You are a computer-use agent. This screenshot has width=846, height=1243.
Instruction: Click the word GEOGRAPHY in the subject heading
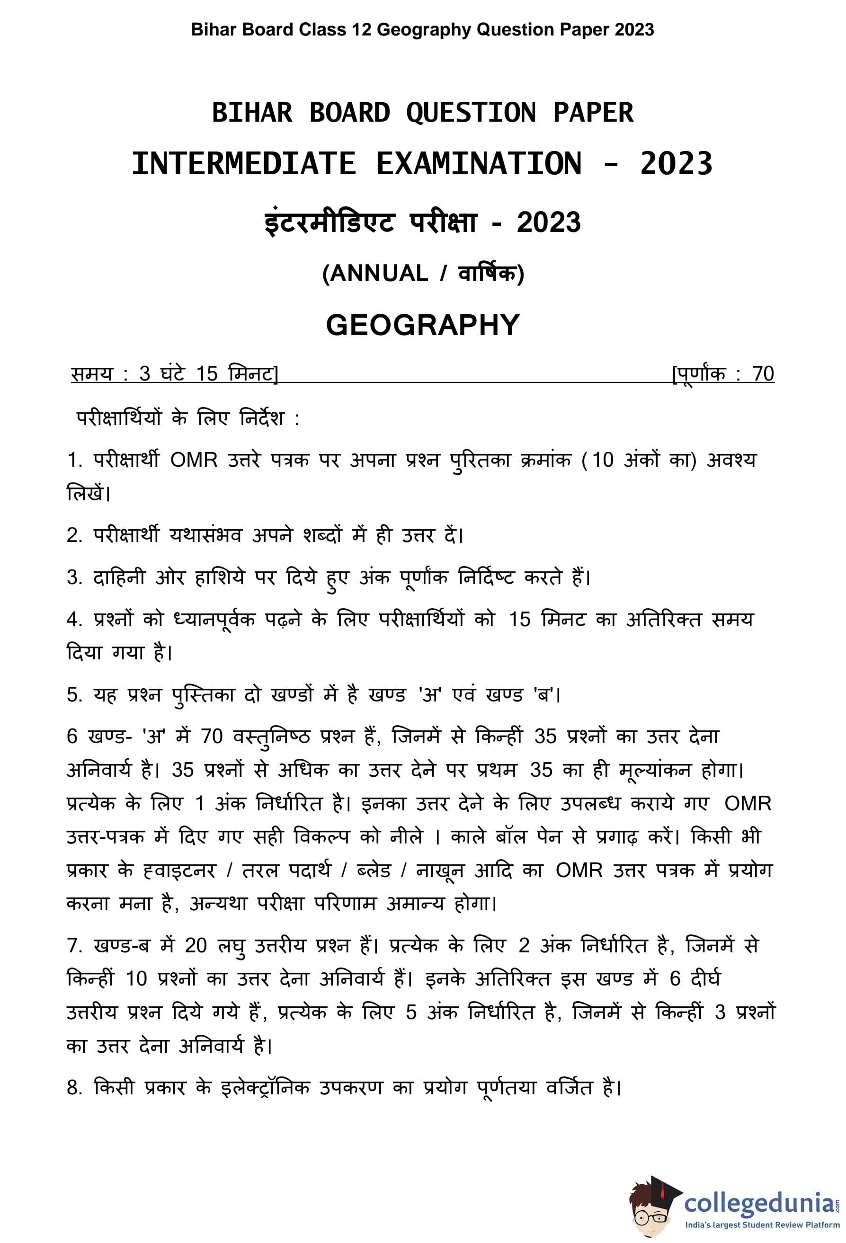click(423, 325)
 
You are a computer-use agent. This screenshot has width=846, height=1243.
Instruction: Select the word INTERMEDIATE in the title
click(244, 164)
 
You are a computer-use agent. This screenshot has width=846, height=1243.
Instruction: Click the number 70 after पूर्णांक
click(763, 374)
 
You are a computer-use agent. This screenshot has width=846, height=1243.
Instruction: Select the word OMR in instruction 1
click(194, 461)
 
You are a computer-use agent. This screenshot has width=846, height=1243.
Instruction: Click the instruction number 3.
click(73, 578)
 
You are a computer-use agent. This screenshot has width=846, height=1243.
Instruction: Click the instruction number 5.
click(73, 695)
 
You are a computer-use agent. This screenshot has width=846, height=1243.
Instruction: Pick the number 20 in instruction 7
click(196, 946)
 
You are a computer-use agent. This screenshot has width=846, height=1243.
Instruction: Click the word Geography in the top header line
click(424, 30)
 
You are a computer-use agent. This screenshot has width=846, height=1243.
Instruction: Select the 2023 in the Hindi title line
click(549, 223)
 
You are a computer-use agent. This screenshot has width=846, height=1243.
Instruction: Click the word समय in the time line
click(91, 374)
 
